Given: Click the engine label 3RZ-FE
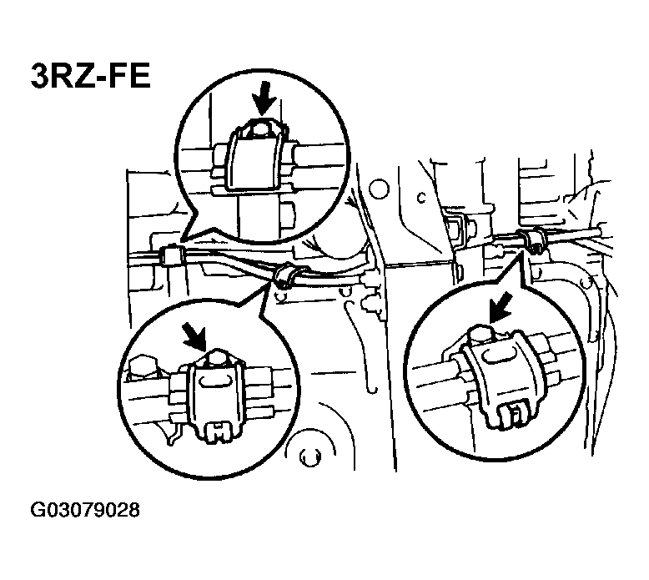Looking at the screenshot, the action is [91, 77].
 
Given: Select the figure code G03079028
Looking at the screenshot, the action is [85, 510].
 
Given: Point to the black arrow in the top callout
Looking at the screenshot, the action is [264, 98].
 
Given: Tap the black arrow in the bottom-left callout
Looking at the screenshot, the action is [194, 335].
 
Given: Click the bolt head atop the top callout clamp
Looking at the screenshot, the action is [259, 130].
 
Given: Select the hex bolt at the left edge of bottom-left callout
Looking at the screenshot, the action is [143, 367].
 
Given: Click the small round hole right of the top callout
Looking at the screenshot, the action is [379, 189].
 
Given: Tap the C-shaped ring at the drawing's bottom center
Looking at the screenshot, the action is [309, 456].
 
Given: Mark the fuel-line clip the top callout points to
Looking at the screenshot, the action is [170, 256].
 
